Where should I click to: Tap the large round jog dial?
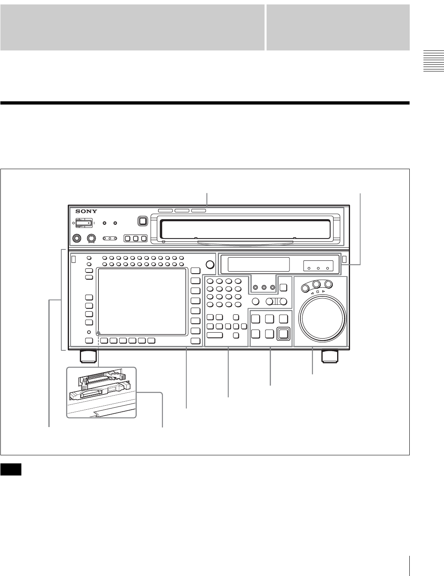tap(322, 318)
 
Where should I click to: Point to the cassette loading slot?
tap(246, 228)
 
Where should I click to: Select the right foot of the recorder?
tap(330, 356)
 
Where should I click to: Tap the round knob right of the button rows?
tap(209, 264)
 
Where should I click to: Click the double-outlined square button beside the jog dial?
tap(284, 333)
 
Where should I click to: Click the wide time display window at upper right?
tap(258, 265)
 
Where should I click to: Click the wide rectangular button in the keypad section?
tap(215, 335)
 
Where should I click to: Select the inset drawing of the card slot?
tap(101, 391)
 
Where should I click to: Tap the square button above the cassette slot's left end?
tap(142, 221)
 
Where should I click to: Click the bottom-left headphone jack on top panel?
tap(75, 238)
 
